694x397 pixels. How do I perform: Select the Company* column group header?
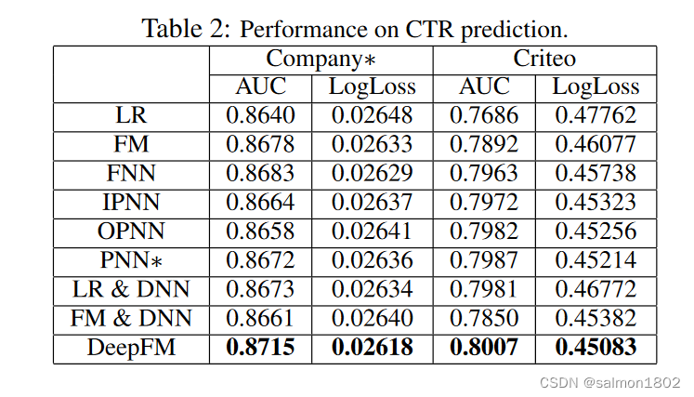pyautogui.click(x=321, y=59)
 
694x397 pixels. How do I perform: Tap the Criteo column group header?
pyautogui.click(x=544, y=59)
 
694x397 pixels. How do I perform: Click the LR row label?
pyautogui.click(x=131, y=116)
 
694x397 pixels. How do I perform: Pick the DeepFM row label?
pyautogui.click(x=131, y=348)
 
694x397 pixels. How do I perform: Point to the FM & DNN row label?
pyautogui.click(x=131, y=319)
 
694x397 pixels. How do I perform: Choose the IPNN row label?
pyautogui.click(x=131, y=203)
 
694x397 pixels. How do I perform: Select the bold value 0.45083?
pyautogui.click(x=596, y=348)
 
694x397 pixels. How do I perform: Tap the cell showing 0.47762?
pyautogui.click(x=596, y=116)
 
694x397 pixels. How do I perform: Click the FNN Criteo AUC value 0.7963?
pyautogui.click(x=484, y=174)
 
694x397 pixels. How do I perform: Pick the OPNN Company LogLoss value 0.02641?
pyautogui.click(x=373, y=232)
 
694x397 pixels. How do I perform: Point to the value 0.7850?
pyautogui.click(x=484, y=319)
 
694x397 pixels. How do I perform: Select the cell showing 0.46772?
pyautogui.click(x=596, y=290)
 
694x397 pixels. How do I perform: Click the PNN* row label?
pyautogui.click(x=131, y=261)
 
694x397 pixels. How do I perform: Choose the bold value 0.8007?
pyautogui.click(x=484, y=348)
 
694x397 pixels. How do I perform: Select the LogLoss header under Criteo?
pyautogui.click(x=596, y=87)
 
